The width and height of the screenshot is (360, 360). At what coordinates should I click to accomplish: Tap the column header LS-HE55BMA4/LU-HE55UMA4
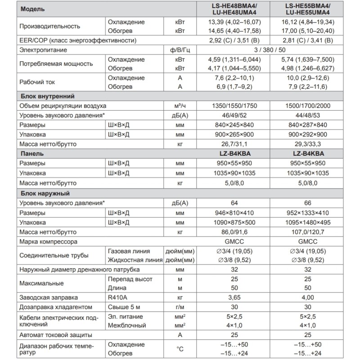pos(308,9)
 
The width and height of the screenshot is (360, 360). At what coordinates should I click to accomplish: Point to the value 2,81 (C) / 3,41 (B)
pos(308,40)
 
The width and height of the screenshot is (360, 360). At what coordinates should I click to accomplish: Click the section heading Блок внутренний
pos(47,96)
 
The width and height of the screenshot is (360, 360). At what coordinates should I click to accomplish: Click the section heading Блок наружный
pos(45,193)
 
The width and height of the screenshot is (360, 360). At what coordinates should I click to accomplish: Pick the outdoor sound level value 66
pos(308,203)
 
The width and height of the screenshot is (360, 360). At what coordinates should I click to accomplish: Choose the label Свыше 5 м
pos(122,307)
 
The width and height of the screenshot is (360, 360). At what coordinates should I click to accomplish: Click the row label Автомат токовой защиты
pos(56,335)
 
